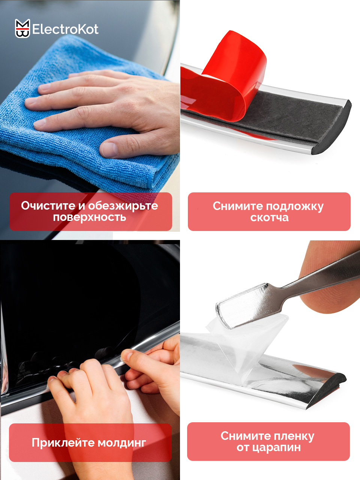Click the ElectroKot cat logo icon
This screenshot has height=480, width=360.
pyautogui.click(x=22, y=28)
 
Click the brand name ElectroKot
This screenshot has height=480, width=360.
pyautogui.click(x=65, y=29)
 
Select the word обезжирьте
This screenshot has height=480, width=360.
pyautogui.click(x=123, y=206)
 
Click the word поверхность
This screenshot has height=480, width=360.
pyautogui.click(x=90, y=217)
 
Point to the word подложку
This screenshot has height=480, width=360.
pyautogui.click(x=295, y=207)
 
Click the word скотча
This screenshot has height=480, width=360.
pyautogui.click(x=269, y=217)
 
